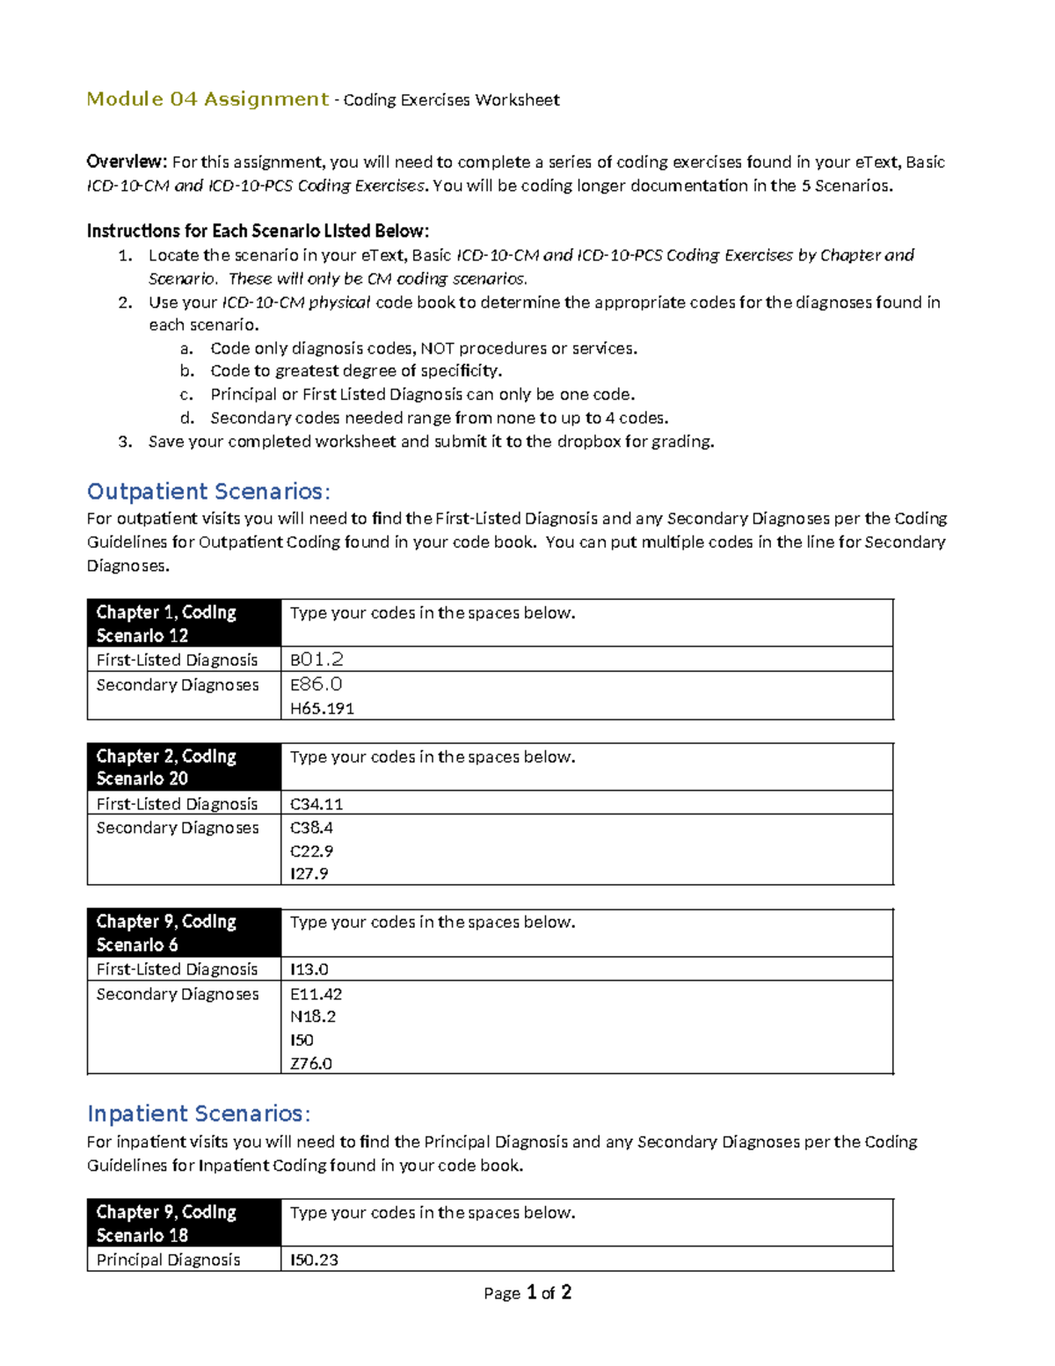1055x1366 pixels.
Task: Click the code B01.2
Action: tap(316, 659)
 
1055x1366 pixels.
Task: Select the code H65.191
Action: tap(322, 708)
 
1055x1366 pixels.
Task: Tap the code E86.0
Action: tap(316, 683)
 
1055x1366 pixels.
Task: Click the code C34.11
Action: tap(316, 804)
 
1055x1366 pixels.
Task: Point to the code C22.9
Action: tap(311, 851)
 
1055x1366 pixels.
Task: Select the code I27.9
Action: tap(309, 873)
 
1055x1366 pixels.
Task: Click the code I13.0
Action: tap(309, 969)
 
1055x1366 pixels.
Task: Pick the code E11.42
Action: tap(316, 994)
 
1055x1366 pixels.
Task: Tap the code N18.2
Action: tap(312, 1017)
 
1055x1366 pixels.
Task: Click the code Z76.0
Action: tap(310, 1063)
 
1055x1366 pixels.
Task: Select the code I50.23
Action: tap(314, 1260)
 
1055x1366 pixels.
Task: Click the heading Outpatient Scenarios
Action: tap(208, 491)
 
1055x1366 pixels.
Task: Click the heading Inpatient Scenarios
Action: tap(199, 1114)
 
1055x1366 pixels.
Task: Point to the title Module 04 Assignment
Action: tap(207, 99)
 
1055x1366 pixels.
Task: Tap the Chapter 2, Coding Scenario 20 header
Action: tap(166, 767)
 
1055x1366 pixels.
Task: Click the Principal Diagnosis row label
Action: tap(168, 1260)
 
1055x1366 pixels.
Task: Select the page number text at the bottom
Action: tap(527, 1292)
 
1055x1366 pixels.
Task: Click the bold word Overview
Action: tap(126, 162)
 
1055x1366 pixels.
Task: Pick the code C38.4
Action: tap(311, 828)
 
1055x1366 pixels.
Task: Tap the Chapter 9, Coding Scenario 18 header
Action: tap(166, 1223)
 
